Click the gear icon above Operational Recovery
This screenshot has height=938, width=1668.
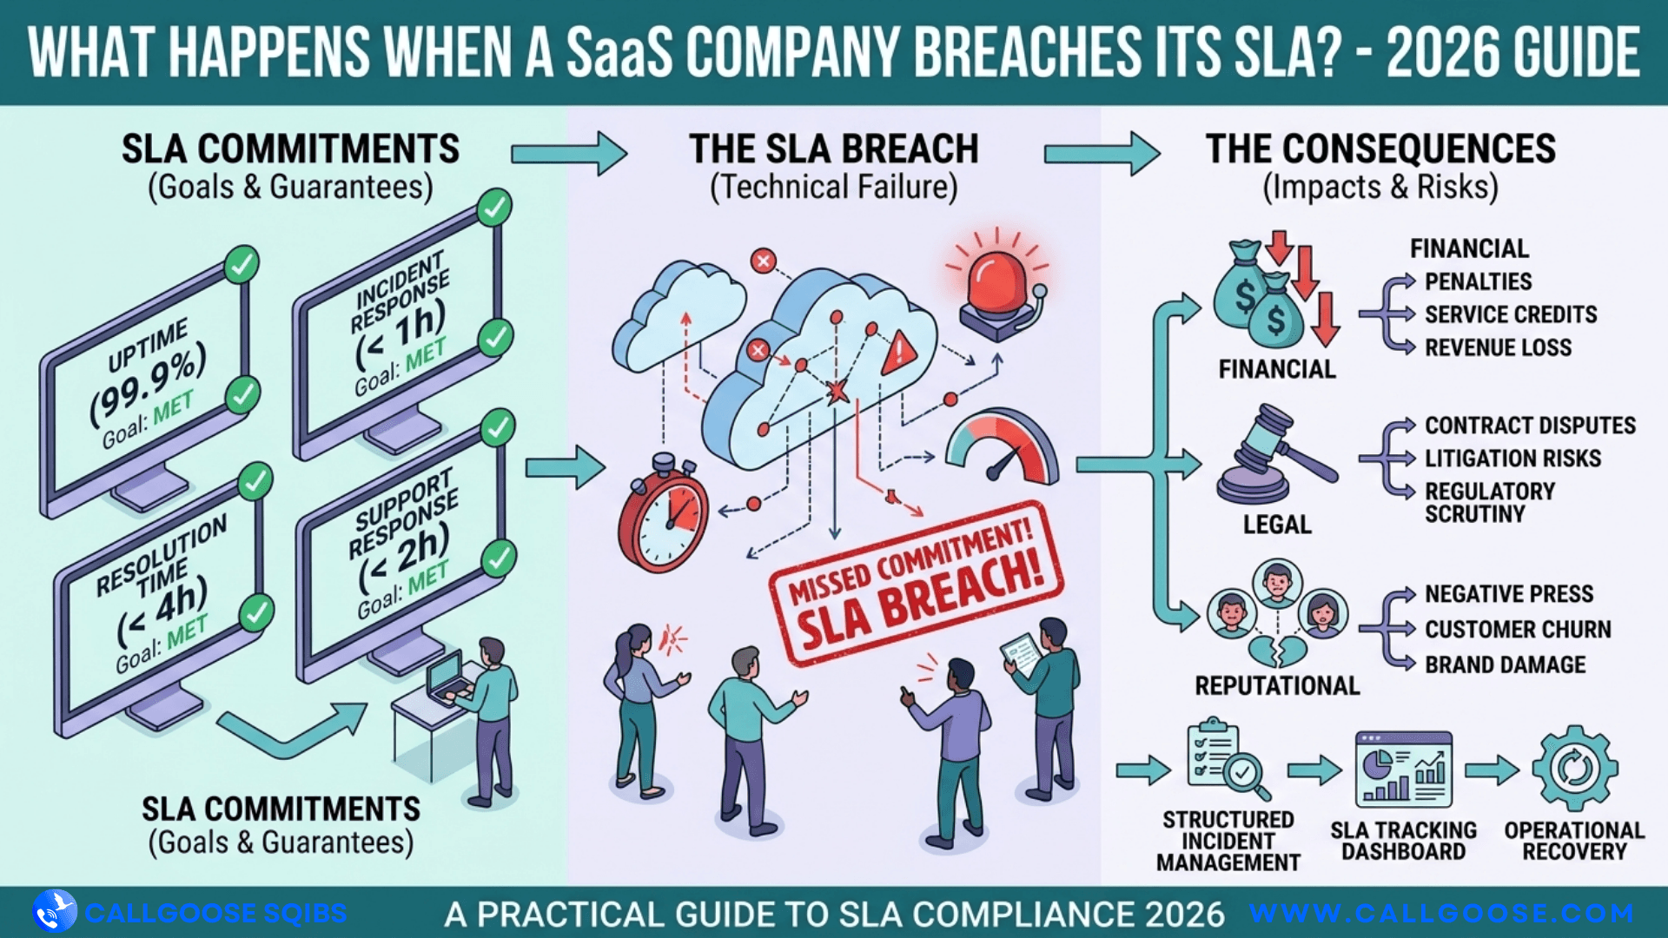1574,769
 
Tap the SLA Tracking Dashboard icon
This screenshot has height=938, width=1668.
1403,770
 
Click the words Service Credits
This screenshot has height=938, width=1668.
1510,314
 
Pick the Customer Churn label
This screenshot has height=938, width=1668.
1517,629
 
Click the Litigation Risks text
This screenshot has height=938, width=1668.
1512,458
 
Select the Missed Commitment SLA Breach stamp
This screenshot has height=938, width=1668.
916,583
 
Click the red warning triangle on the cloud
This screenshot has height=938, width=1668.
899,352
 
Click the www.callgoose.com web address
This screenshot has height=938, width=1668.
1441,913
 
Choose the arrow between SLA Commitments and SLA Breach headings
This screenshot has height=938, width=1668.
568,154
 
